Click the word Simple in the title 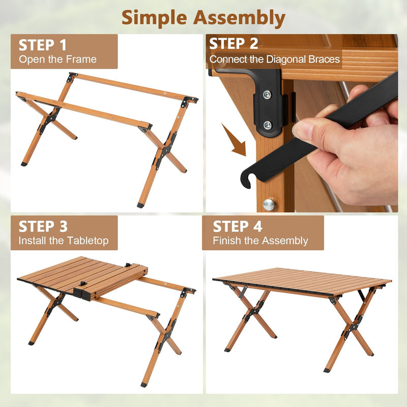coord(154,18)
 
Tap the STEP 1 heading coord(43,45)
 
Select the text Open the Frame coord(57,60)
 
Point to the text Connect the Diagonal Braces coord(275,60)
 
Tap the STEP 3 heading coord(43,226)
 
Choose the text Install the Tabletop coord(64,241)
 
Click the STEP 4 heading coord(238,226)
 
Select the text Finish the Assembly coord(260,241)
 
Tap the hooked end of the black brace coord(248,179)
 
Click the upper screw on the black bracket coord(267,95)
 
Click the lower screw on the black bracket coord(267,125)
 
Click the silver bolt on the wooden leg coord(269,205)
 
